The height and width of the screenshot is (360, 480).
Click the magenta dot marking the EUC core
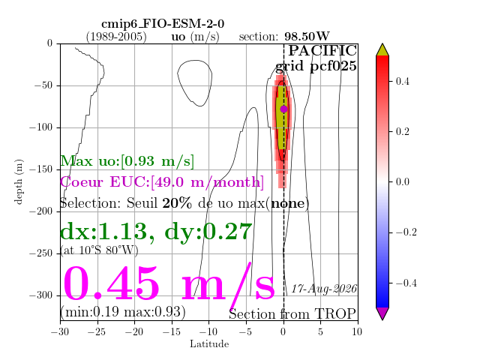coord(283,109)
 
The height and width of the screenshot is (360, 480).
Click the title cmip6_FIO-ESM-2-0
coord(163,23)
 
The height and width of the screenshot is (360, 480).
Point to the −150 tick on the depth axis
coord(58,169)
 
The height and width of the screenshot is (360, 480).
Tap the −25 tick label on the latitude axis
coord(97,331)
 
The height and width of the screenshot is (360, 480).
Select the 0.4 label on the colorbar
coord(402,82)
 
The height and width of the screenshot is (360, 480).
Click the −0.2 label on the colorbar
coord(406,232)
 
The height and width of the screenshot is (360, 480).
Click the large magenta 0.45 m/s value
coord(169,283)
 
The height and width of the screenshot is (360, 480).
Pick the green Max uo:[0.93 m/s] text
coord(127,161)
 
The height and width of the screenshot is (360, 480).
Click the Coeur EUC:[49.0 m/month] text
coord(162,182)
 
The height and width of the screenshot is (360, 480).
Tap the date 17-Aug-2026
coord(324,289)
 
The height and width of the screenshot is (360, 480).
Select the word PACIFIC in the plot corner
coord(322,51)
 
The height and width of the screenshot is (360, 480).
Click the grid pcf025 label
coord(316,66)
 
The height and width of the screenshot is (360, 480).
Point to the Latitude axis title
coord(209,343)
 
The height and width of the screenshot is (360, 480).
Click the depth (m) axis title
coord(18,181)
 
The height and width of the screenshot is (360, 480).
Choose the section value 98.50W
coord(307,37)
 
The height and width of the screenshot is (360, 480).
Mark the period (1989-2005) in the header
coord(116,37)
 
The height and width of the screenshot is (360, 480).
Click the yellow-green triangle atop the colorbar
coord(382,50)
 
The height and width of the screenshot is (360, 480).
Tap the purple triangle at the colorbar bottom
coord(382,313)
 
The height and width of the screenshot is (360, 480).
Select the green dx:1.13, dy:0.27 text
coord(156,232)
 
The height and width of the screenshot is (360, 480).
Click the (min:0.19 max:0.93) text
coord(123,312)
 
